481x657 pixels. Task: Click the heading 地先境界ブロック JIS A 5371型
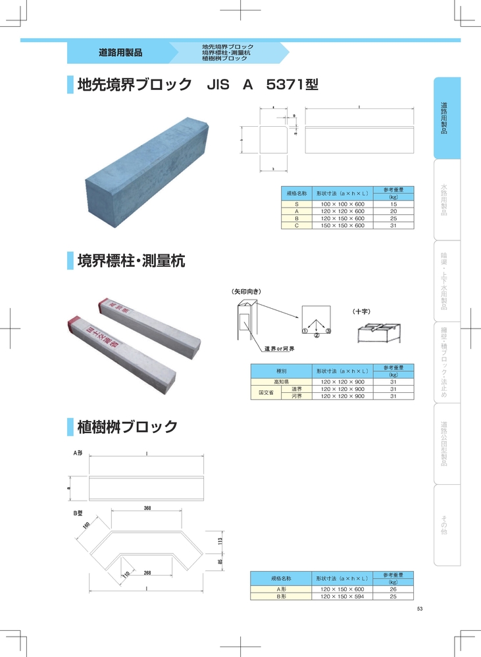197,85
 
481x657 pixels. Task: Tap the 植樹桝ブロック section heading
127,427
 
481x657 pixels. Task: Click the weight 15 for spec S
393,204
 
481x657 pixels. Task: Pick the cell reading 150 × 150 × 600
342,225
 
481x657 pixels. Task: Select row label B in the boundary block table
297,218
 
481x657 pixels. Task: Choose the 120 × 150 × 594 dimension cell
342,596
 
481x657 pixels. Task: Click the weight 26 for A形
393,589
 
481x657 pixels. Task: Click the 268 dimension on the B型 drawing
148,573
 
